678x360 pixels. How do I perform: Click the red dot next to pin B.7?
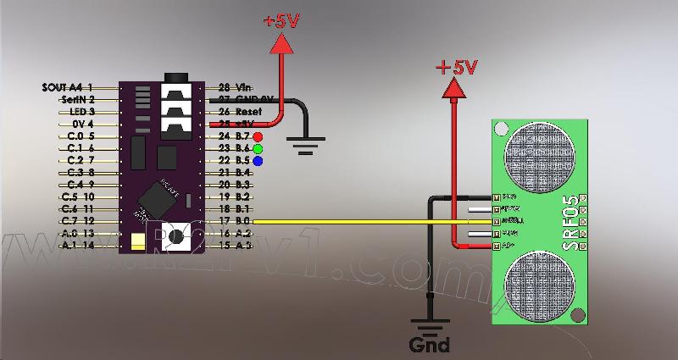click(257, 136)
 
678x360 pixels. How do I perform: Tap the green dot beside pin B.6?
click(257, 148)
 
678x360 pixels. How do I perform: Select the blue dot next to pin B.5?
click(257, 160)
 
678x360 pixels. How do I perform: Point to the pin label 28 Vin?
click(236, 87)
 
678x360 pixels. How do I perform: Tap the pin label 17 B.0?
click(235, 221)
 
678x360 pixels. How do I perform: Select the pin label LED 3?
click(82, 112)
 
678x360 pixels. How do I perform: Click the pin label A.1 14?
click(78, 246)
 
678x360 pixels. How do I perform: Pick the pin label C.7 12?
click(78, 221)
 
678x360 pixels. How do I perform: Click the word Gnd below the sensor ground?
click(429, 346)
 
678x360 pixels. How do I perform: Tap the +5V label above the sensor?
click(457, 66)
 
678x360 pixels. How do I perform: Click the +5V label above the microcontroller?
click(281, 22)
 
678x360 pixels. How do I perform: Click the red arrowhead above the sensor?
click(457, 87)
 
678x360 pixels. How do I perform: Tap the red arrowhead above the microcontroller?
click(281, 44)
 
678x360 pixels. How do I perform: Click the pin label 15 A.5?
click(235, 246)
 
